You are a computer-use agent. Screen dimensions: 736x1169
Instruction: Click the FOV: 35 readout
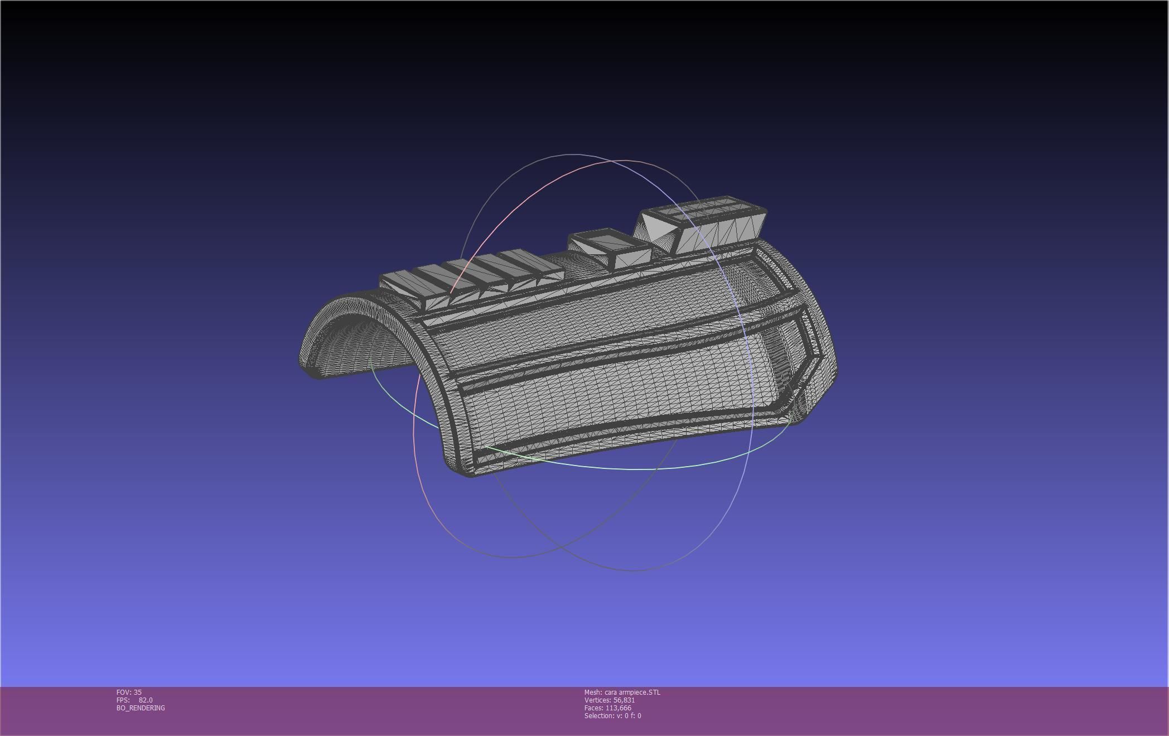(129, 692)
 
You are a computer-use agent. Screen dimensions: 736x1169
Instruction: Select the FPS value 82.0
(146, 700)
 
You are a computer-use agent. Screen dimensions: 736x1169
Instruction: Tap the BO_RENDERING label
(141, 708)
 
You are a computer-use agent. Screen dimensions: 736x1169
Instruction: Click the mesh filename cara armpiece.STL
(632, 692)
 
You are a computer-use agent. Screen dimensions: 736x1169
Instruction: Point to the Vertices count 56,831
(624, 700)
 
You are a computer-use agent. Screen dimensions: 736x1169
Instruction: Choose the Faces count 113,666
(618, 708)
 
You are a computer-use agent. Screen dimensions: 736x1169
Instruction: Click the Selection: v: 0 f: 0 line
(612, 715)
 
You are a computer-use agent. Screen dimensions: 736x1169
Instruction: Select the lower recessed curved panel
(614, 401)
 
